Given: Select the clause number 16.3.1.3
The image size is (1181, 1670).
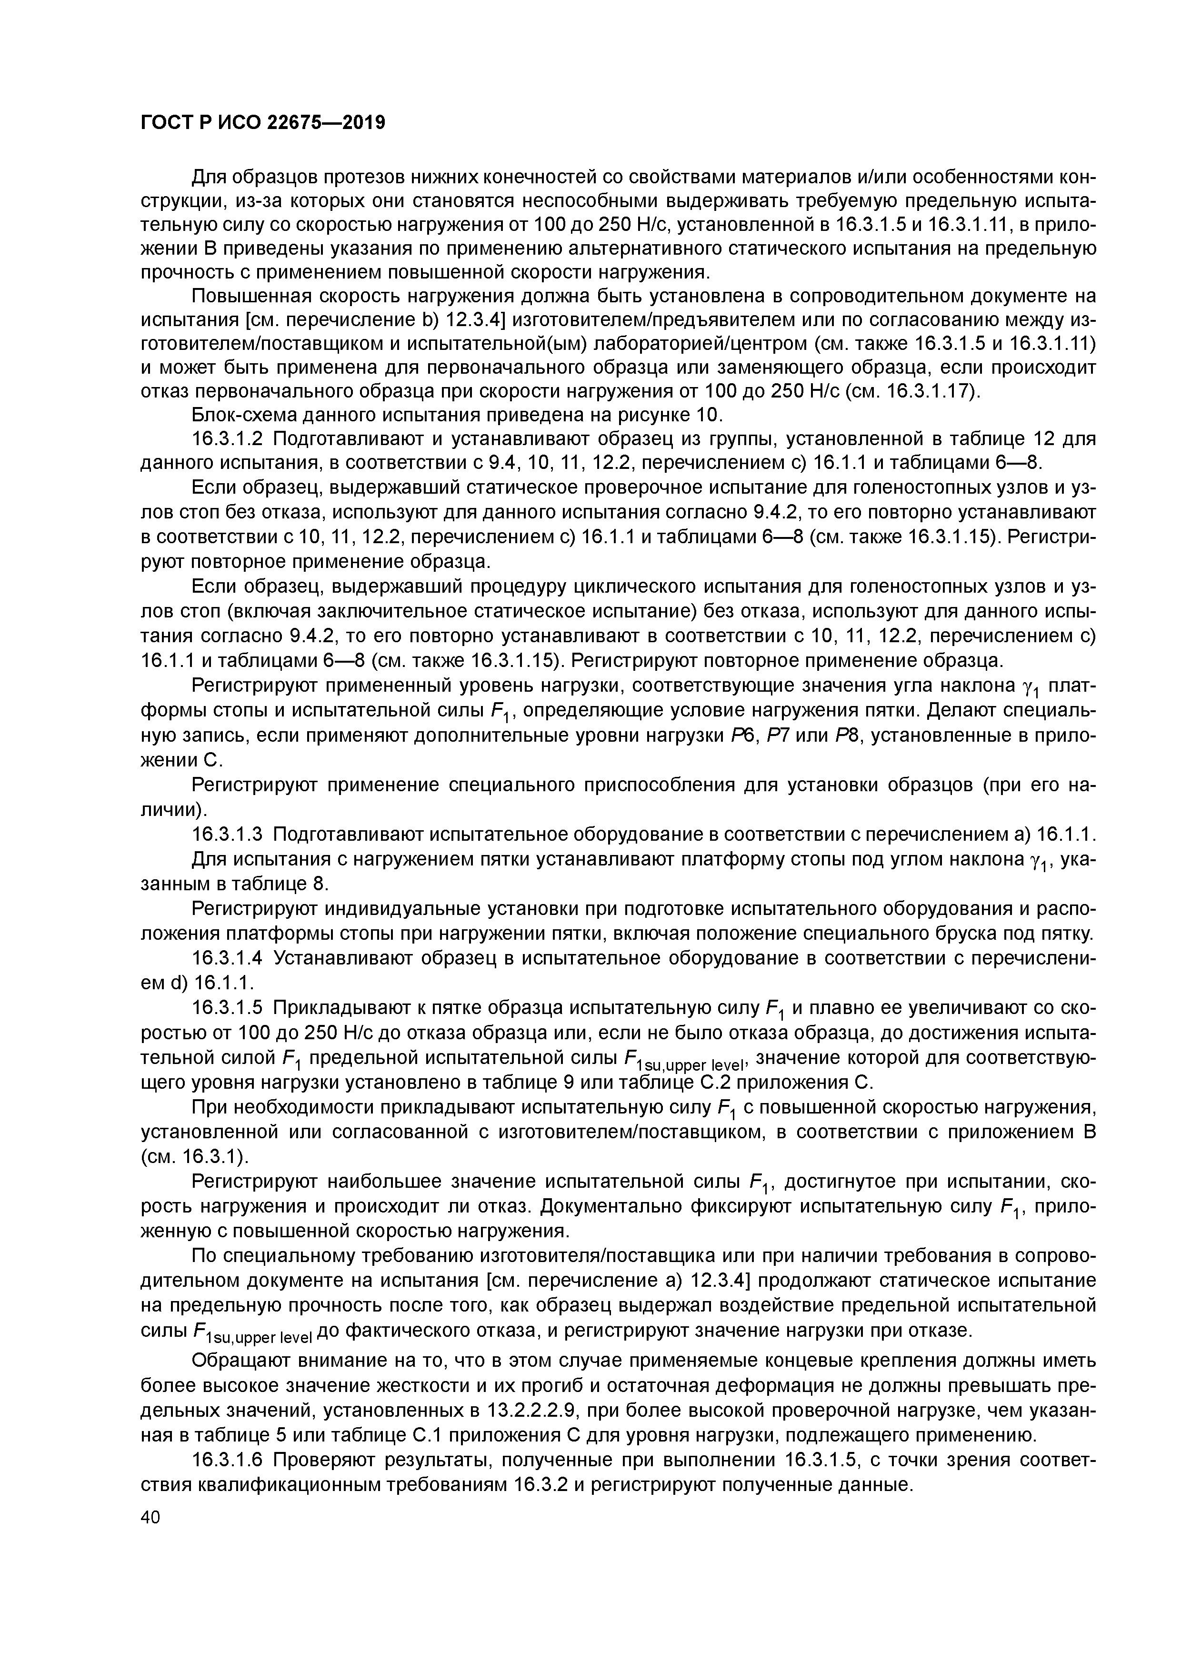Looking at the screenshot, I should (230, 834).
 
